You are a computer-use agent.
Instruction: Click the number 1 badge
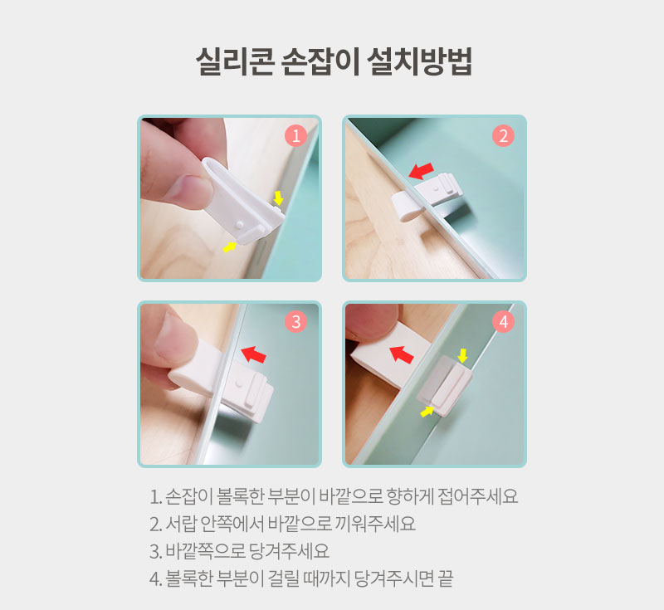(295, 135)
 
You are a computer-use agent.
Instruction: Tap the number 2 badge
(503, 135)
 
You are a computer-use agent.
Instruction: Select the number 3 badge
(295, 321)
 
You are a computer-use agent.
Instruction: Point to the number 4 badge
(503, 321)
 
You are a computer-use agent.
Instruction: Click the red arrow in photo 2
(422, 171)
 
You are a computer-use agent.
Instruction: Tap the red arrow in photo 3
(254, 354)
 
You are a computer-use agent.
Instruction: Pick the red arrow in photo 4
(402, 354)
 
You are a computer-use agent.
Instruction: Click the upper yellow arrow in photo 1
(278, 198)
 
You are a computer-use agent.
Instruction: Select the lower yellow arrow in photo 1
(230, 246)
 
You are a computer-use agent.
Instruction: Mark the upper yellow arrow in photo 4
(463, 355)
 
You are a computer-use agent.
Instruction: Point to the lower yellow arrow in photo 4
(427, 411)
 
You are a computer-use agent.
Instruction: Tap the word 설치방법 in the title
(419, 61)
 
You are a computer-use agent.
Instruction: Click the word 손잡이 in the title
(320, 61)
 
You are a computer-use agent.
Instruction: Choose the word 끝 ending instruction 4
(446, 578)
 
